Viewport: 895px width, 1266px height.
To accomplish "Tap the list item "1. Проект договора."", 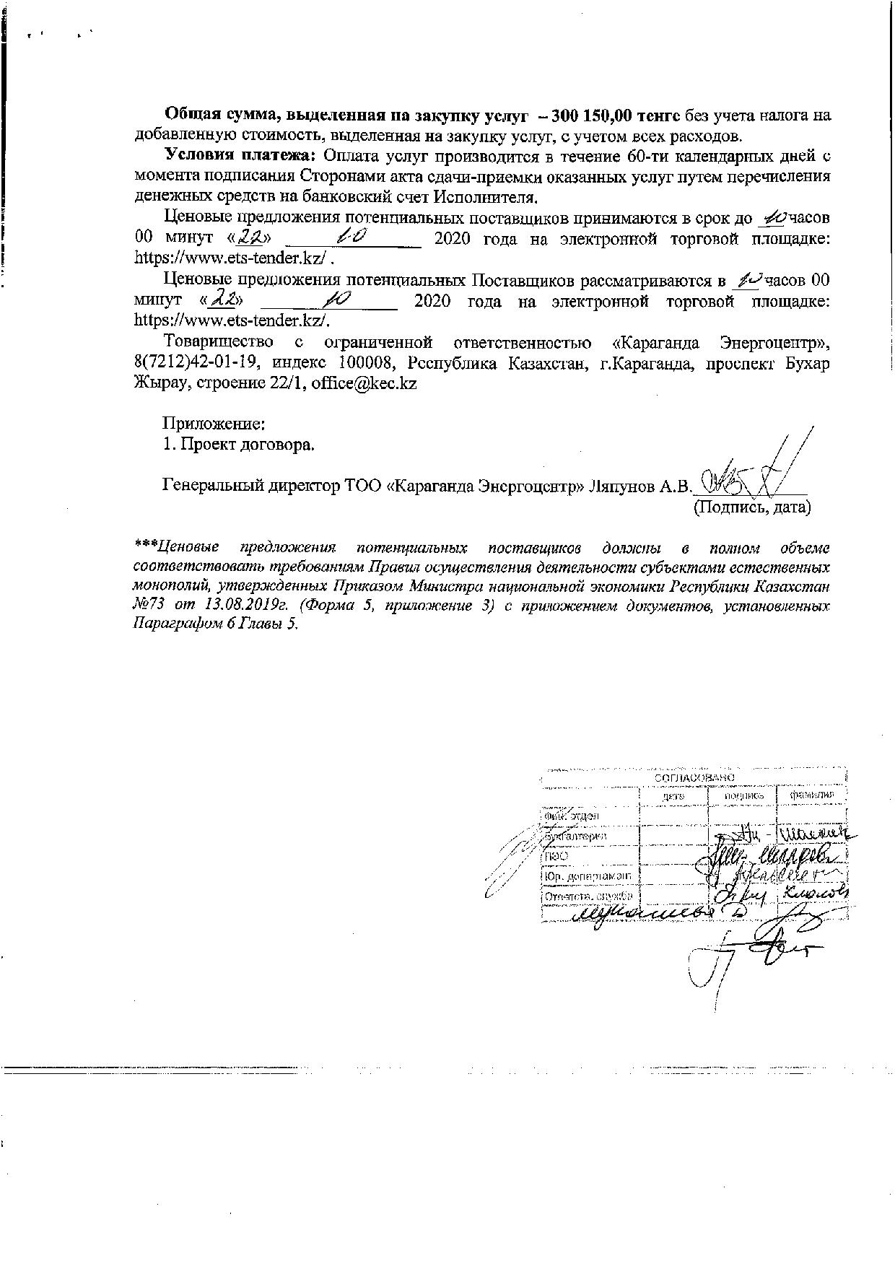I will point(239,444).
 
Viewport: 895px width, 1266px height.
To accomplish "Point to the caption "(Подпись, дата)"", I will point(751,507).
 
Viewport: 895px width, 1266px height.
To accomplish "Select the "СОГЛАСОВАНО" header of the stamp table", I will point(694,777).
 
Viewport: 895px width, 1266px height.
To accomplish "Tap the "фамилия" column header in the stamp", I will point(811,795).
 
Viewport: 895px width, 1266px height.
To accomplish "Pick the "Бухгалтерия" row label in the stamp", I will point(575,836).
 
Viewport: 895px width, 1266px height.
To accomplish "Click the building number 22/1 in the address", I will point(291,384).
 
